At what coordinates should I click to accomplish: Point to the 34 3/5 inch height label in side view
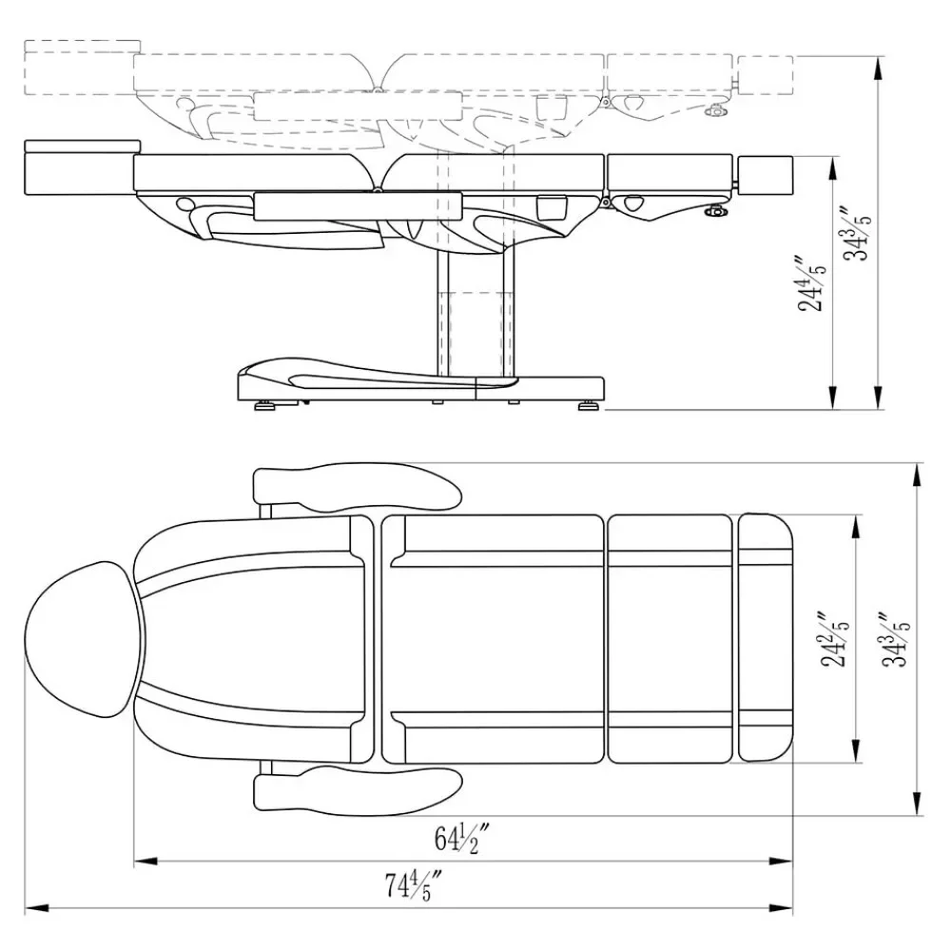[860, 233]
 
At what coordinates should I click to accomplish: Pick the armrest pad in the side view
[358, 203]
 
